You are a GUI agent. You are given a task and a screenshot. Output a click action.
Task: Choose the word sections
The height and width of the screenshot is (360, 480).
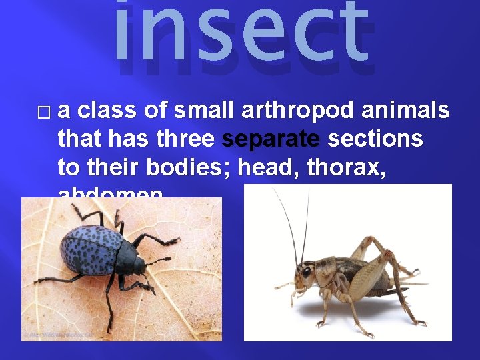(376, 139)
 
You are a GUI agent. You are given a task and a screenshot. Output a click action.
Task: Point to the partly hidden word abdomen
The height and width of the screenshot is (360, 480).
(110, 193)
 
